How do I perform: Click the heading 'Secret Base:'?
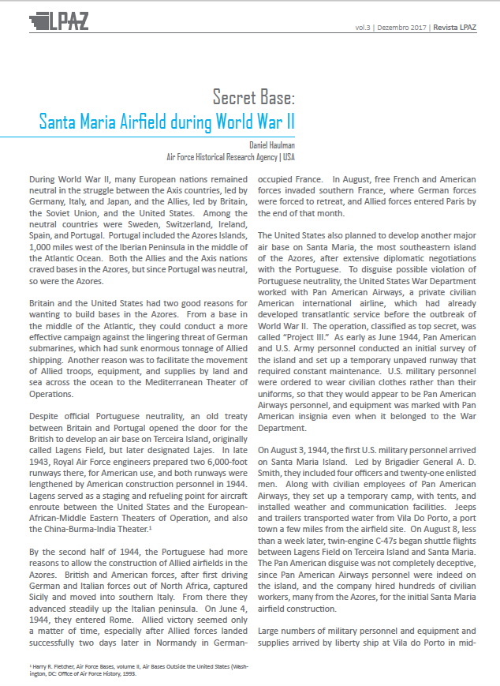[253, 98]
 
